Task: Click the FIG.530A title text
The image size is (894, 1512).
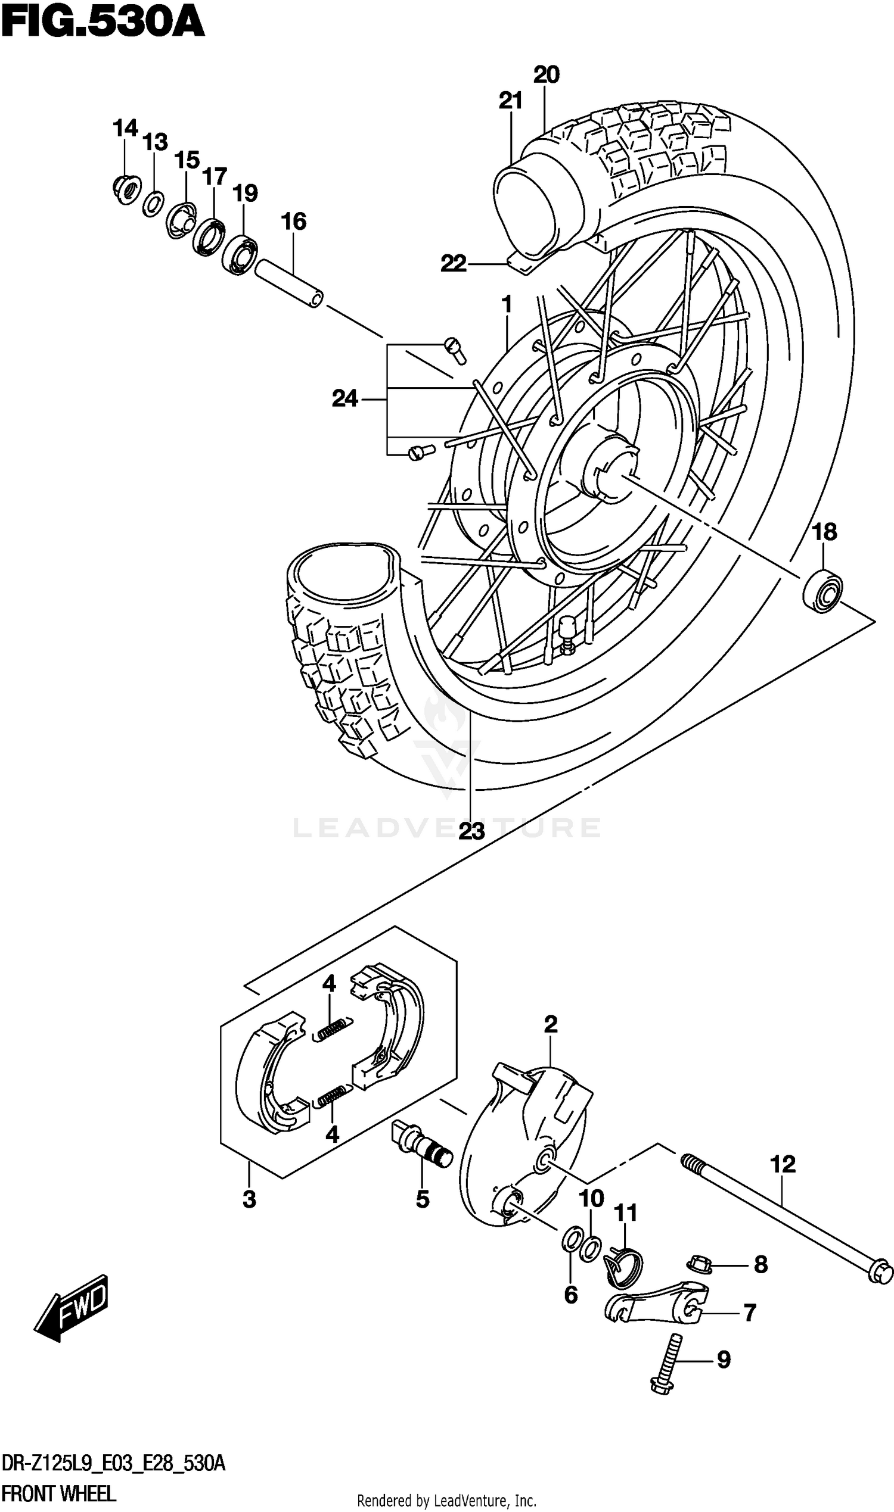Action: (103, 24)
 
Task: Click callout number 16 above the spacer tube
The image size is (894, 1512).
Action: (293, 222)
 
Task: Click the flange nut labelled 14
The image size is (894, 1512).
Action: (125, 188)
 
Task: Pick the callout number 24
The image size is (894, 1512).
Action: (344, 398)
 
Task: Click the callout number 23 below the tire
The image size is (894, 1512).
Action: (471, 831)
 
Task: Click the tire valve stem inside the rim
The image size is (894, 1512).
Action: (566, 634)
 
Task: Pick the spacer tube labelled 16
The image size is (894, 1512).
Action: (289, 283)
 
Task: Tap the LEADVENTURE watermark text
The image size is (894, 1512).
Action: (446, 827)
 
